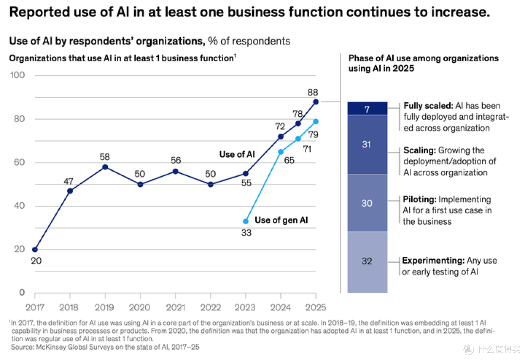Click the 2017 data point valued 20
click(x=35, y=250)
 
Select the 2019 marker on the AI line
click(x=105, y=167)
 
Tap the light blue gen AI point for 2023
click(x=246, y=221)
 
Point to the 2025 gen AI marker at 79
click(x=316, y=122)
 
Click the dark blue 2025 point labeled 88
click(x=316, y=102)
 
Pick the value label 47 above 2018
click(x=69, y=181)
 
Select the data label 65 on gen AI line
click(x=289, y=161)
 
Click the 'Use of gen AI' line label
click(x=281, y=220)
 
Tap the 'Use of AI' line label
click(x=237, y=155)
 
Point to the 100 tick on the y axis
click(x=17, y=75)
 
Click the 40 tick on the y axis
click(x=19, y=206)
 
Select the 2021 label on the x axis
click(x=175, y=307)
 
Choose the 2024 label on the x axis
click(x=280, y=307)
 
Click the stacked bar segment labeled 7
click(x=367, y=108)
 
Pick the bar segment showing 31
click(x=367, y=144)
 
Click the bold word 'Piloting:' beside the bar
click(x=420, y=199)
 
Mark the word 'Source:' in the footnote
click(x=22, y=347)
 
